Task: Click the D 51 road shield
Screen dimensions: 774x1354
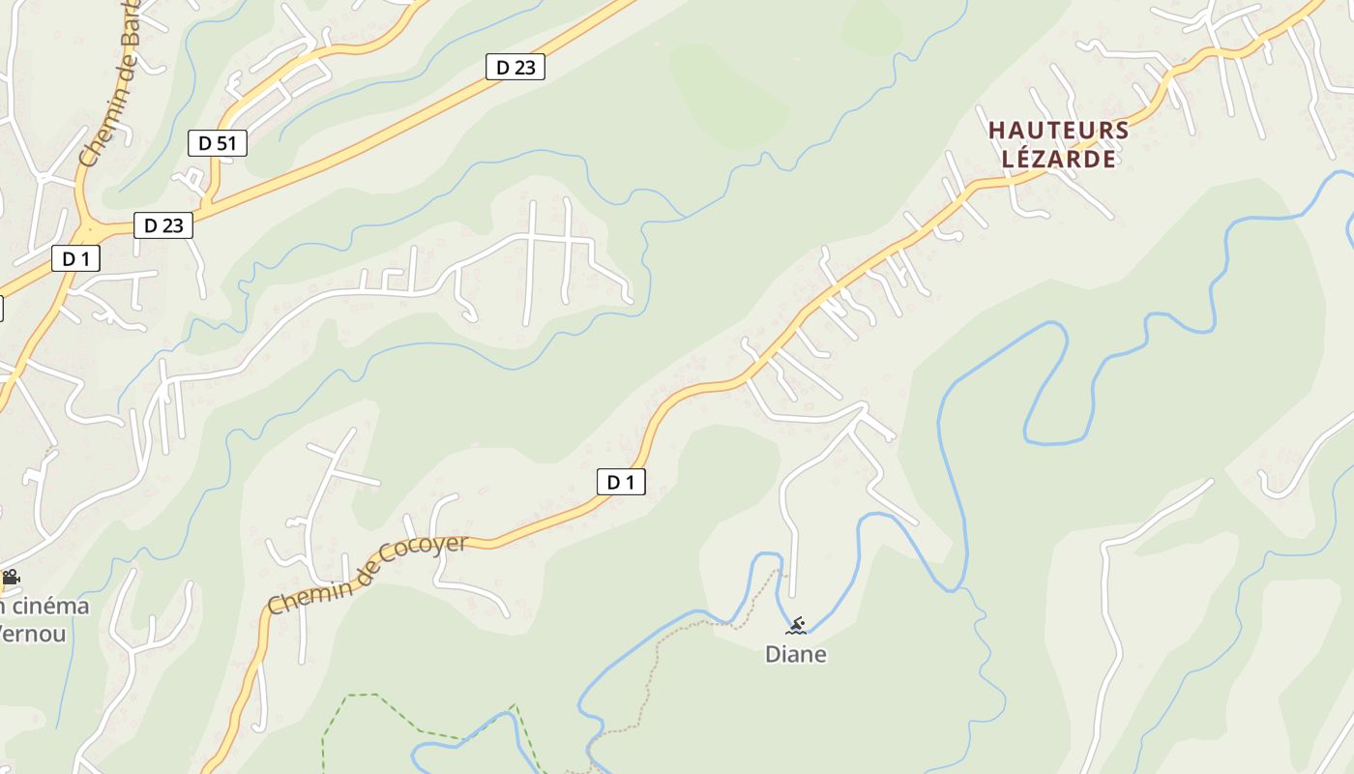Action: pyautogui.click(x=217, y=143)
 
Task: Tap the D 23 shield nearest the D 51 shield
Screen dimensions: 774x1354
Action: pyautogui.click(x=162, y=225)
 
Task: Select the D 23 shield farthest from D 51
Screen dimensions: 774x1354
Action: pyautogui.click(x=515, y=67)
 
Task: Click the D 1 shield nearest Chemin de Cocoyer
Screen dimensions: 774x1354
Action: pyautogui.click(x=621, y=481)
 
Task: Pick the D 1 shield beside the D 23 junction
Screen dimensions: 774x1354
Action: pyautogui.click(x=75, y=258)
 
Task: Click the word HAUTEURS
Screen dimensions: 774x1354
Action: pyautogui.click(x=1058, y=130)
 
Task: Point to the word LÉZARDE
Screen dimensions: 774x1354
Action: pyautogui.click(x=1058, y=159)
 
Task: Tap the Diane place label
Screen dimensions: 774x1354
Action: pyautogui.click(x=795, y=654)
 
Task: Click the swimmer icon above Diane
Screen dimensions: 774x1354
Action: pyautogui.click(x=795, y=625)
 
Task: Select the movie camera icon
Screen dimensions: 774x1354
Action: pyautogui.click(x=11, y=578)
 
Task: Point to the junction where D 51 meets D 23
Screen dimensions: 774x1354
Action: pyautogui.click(x=208, y=205)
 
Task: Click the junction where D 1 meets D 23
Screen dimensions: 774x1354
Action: pyautogui.click(x=92, y=232)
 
